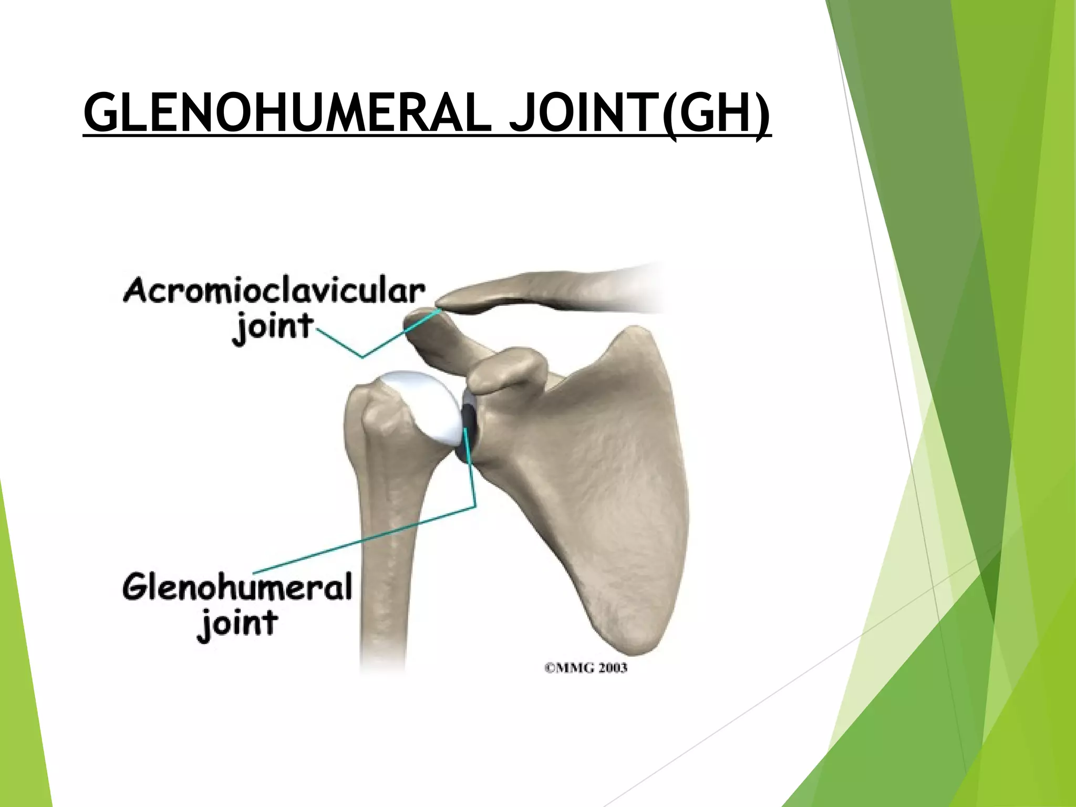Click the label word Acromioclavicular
coord(274,292)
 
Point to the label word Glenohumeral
coord(237,587)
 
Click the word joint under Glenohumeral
coord(237,624)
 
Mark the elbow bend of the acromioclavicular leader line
coord(363,357)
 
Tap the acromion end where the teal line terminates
coord(440,310)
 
